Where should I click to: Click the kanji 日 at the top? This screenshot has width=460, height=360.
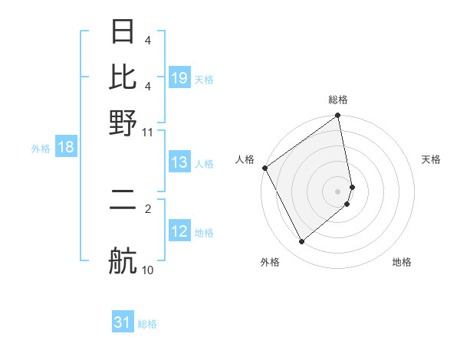(x=123, y=32)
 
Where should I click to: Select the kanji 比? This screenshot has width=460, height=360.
(x=123, y=77)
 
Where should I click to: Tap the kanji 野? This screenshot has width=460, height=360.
(x=123, y=123)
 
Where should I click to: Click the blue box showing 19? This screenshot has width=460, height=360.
(x=179, y=79)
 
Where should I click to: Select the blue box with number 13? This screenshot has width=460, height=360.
(x=179, y=163)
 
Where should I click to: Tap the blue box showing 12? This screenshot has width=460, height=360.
(x=179, y=232)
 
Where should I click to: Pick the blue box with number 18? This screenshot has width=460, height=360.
(x=66, y=148)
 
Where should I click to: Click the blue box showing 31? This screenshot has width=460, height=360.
(x=123, y=323)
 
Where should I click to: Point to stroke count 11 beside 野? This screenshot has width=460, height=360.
(x=148, y=132)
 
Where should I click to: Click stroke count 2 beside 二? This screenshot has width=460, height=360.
(x=148, y=207)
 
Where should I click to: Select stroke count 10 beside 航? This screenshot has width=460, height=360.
(x=148, y=270)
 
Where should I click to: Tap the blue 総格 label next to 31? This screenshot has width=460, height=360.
(x=147, y=324)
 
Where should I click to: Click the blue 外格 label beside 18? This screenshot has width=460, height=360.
(x=41, y=149)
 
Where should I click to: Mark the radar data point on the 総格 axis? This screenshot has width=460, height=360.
(x=338, y=117)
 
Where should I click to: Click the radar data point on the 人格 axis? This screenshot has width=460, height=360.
(x=264, y=168)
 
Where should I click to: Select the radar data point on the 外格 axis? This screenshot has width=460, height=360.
(x=301, y=242)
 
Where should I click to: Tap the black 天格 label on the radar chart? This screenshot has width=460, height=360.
(x=431, y=159)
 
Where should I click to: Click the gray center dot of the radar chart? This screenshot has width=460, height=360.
(x=338, y=191)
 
